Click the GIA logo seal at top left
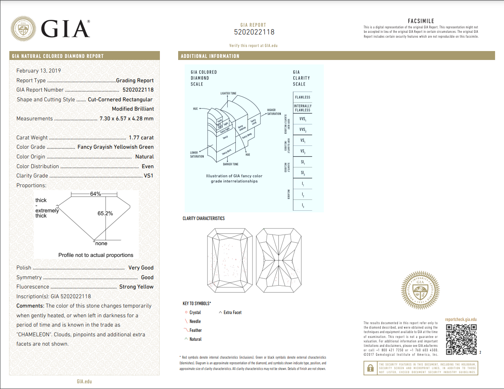point(23,29)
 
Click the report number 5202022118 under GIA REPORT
point(254,32)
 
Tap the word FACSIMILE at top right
point(421,21)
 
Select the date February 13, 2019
point(39,71)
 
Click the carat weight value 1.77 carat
point(141,138)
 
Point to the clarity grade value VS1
point(149,176)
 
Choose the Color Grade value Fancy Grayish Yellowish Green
point(115,147)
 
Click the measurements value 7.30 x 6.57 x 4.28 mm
point(126,119)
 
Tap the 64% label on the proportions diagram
point(95,194)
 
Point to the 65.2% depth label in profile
point(105,214)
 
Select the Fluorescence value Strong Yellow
point(136,287)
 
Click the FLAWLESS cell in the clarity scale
point(302,97)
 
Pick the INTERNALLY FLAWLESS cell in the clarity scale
point(302,108)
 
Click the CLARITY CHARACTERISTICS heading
point(203,218)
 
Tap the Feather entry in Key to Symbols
point(195,330)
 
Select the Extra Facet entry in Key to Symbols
point(232,312)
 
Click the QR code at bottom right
point(461,340)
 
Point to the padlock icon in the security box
point(370,368)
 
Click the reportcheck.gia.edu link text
point(461,319)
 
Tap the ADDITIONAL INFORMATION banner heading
point(210,56)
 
